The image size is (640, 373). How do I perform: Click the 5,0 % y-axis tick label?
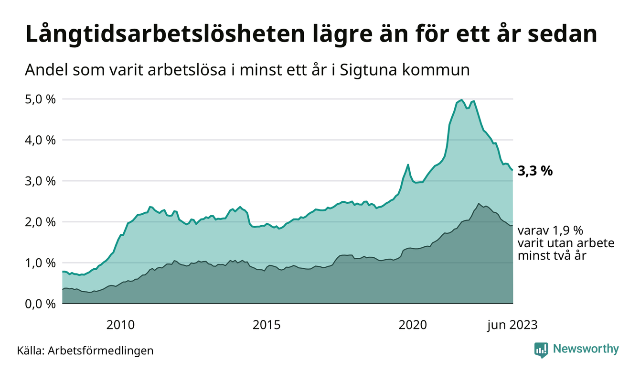(40, 99)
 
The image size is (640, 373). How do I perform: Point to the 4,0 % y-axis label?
(40, 140)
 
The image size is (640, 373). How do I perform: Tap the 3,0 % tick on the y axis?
(40, 181)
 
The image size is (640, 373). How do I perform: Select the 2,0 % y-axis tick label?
(40, 222)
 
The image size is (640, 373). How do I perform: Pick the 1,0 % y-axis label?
(40, 263)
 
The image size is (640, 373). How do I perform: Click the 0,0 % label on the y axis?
(40, 304)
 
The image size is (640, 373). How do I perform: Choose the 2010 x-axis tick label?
(121, 325)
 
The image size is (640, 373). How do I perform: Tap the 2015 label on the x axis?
(267, 325)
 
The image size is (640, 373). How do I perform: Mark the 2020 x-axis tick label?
(412, 325)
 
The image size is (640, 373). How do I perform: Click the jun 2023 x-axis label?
(512, 325)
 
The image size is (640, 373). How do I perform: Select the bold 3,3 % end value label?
(535, 171)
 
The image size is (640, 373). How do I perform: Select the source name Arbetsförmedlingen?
(101, 351)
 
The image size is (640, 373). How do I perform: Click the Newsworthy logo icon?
(541, 350)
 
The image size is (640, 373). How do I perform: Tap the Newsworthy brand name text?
(586, 349)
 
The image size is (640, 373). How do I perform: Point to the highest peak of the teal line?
(461, 100)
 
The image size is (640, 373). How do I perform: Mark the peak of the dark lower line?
(479, 203)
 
